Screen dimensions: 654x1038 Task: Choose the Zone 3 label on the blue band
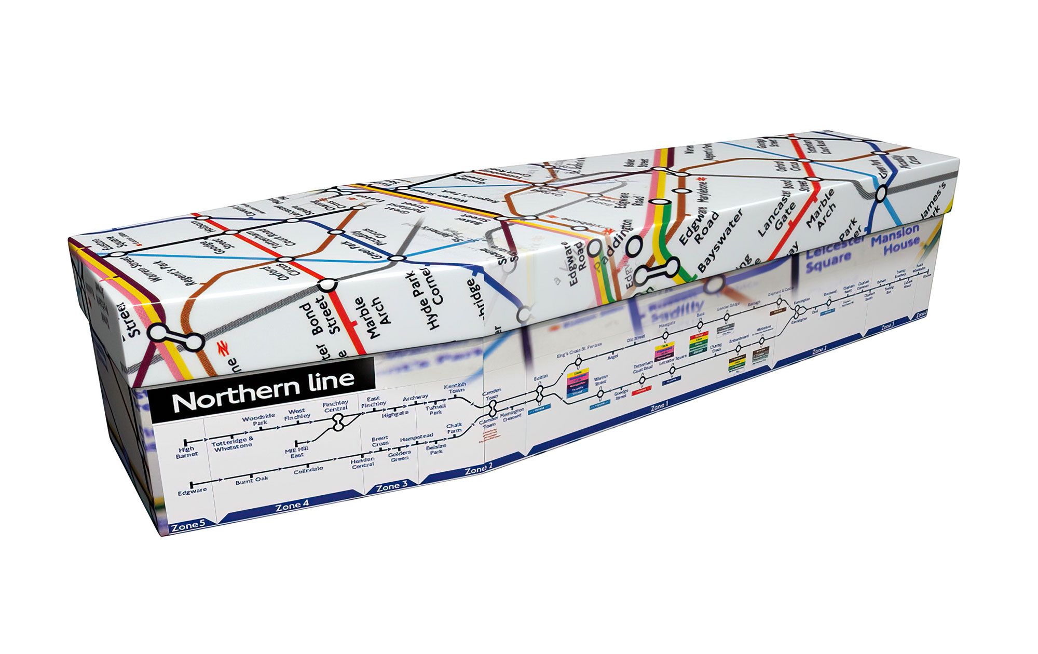(392, 486)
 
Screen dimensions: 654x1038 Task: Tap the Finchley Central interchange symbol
(339, 422)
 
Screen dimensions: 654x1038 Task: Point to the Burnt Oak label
(252, 479)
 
